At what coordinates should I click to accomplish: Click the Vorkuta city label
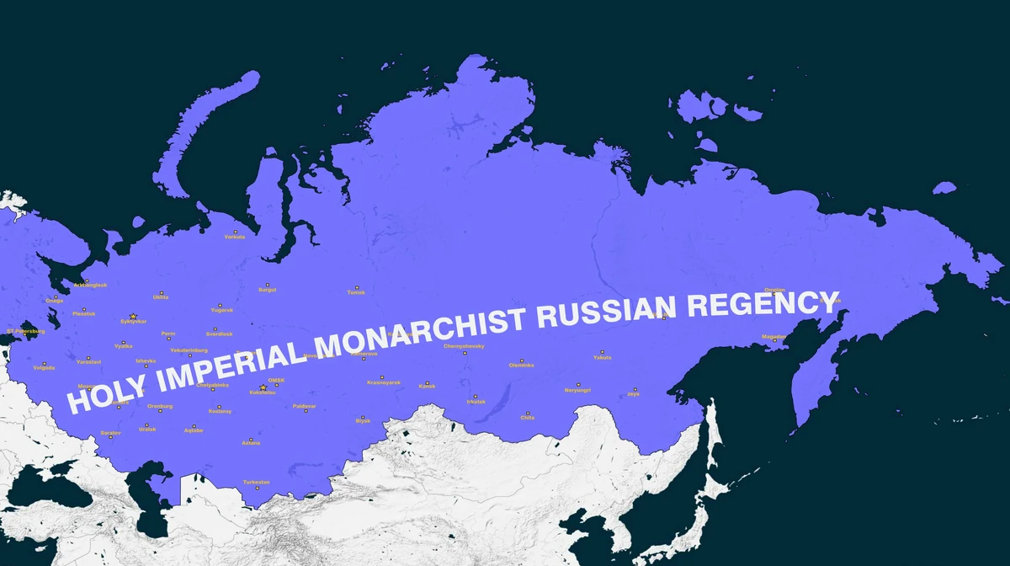coord(235,237)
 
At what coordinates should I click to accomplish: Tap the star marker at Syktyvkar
coord(133,316)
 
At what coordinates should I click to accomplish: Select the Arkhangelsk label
coord(90,285)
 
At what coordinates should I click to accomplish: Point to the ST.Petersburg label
coord(26,331)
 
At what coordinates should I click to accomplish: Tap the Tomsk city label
coord(357,292)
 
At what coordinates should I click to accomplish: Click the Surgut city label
coord(268,290)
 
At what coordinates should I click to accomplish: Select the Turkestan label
coord(257,482)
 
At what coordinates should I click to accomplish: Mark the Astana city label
coord(251,442)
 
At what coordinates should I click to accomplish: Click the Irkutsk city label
coord(476,402)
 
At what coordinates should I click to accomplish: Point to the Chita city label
coord(528,417)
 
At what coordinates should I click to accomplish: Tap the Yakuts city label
coord(603,357)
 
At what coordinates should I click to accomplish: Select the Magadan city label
coord(773,336)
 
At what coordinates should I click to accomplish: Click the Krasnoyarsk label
coord(384,382)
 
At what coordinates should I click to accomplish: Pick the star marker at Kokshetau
coord(263,387)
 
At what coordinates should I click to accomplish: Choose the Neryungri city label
coord(577,390)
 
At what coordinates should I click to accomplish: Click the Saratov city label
coord(111,432)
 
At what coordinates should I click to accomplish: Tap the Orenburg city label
coord(160,406)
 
